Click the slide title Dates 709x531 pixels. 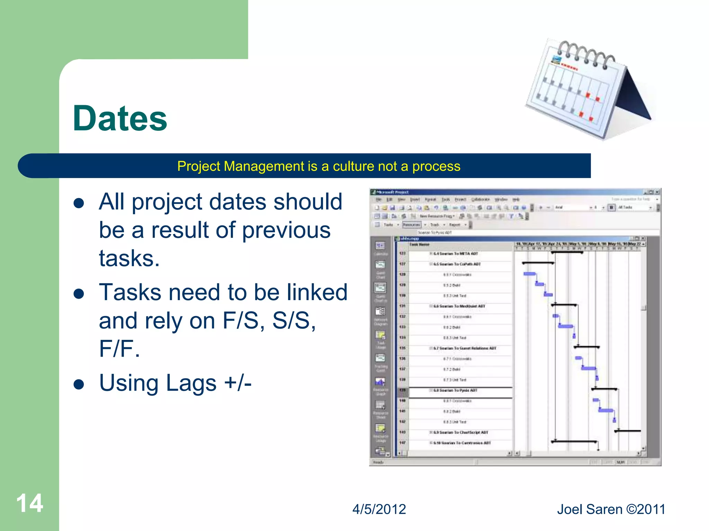[x=120, y=119]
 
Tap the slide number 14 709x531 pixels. [x=29, y=503]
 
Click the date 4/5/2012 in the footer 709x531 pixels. [x=379, y=509]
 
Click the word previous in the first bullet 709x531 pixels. [x=286, y=230]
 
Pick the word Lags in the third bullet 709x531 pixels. [x=191, y=383]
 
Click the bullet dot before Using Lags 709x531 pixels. [x=79, y=384]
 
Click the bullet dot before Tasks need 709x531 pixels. [x=79, y=294]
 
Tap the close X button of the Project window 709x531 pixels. [x=657, y=192]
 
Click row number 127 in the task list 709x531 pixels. [x=402, y=264]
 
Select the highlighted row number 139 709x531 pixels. [x=402, y=390]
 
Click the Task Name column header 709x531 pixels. [x=419, y=244]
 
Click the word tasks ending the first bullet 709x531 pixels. [x=129, y=259]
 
